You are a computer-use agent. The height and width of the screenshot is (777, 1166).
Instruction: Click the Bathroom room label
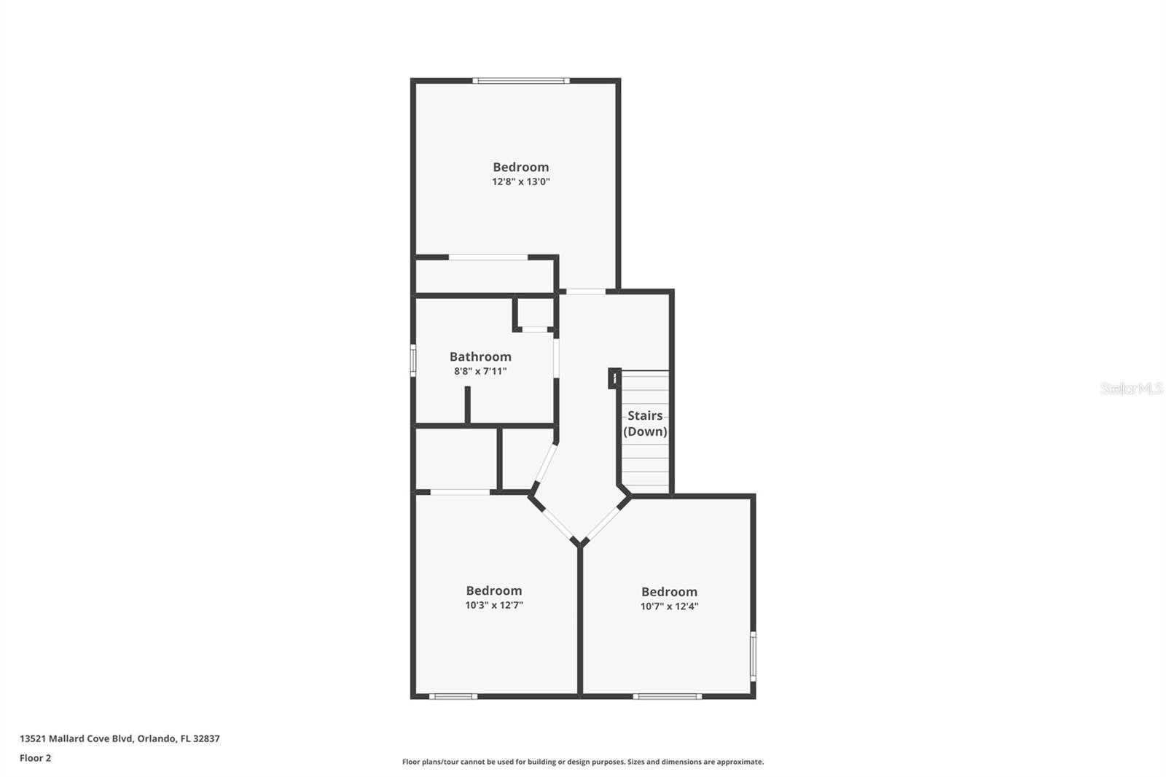pos(480,356)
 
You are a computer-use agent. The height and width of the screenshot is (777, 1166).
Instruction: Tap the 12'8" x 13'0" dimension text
pos(520,181)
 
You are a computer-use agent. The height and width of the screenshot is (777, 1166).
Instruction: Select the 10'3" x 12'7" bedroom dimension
pos(494,605)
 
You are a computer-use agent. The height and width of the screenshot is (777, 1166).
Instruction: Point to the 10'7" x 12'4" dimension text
pos(669,606)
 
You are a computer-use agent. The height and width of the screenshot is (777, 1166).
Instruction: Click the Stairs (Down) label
pos(645,423)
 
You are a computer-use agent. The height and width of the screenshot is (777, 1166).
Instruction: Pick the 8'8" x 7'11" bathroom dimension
pos(480,371)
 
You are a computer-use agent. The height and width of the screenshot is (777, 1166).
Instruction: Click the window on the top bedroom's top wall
pos(520,80)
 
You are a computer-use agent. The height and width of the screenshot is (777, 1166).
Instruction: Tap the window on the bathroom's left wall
pos(413,360)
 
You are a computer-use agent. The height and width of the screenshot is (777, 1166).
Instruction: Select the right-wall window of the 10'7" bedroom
pos(753,656)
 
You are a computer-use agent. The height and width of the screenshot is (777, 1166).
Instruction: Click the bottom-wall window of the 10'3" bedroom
pos(453,696)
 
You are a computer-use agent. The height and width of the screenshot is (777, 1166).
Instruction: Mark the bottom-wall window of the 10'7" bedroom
pos(667,696)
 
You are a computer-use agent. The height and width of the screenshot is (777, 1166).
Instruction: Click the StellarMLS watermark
pos(1131,388)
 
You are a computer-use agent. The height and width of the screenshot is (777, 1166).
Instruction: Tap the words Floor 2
pos(35,758)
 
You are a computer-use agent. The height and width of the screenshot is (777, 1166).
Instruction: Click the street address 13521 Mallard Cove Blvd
pos(77,738)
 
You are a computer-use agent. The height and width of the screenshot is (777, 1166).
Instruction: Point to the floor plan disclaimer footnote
pos(582,762)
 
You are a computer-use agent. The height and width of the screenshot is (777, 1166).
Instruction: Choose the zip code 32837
pos(206,738)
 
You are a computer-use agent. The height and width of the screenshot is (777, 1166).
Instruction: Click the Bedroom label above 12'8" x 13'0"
pos(520,167)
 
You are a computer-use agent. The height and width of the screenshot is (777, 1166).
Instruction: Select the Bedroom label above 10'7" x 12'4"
pos(669,592)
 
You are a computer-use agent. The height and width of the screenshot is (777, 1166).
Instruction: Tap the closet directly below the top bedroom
pos(485,276)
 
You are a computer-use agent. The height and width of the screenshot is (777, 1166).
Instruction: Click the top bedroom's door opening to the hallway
pos(585,292)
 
